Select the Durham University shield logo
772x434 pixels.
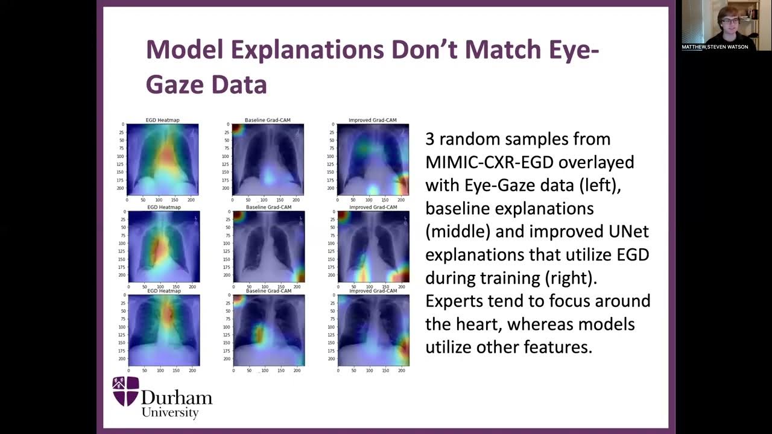tap(126, 391)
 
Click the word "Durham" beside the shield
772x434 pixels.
tap(176, 397)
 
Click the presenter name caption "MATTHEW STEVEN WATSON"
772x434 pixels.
tap(715, 47)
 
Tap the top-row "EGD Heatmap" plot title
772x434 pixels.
tap(163, 121)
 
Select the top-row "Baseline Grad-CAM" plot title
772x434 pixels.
tap(267, 121)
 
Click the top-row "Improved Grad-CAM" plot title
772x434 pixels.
tap(373, 121)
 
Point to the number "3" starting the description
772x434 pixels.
tap(430, 139)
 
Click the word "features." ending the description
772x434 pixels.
tap(559, 347)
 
